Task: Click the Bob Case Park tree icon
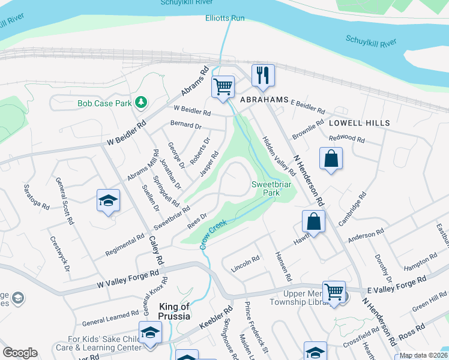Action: (x=141, y=103)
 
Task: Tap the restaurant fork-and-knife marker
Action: (x=263, y=75)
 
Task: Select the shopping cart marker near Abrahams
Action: (x=223, y=87)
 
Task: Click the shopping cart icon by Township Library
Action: (x=334, y=292)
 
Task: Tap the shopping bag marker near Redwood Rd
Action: (x=331, y=159)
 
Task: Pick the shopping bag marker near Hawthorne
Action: (x=313, y=221)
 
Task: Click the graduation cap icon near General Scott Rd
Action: (x=108, y=200)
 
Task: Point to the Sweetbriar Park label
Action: (x=271, y=189)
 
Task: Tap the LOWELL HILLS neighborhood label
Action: (x=359, y=122)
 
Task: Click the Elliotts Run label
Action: (x=225, y=18)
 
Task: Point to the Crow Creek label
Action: (x=214, y=234)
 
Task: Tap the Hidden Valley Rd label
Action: (x=278, y=155)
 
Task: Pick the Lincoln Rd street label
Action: (x=245, y=264)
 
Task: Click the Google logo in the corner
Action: (x=20, y=353)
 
